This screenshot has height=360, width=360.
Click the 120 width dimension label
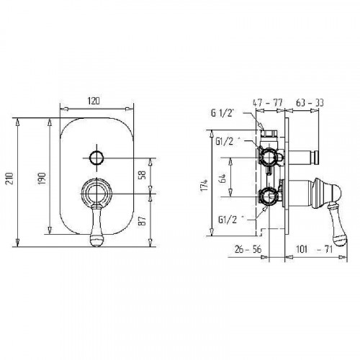[x=94, y=101]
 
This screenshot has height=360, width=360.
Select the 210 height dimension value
[x=10, y=178]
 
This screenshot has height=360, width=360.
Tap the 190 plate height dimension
[x=42, y=178]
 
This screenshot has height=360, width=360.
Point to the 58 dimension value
[x=143, y=175]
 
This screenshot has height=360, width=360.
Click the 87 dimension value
[x=143, y=220]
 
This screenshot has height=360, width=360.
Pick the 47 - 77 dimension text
[x=268, y=103]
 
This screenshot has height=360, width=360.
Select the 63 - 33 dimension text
[x=310, y=103]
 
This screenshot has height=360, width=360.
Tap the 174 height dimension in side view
[x=204, y=185]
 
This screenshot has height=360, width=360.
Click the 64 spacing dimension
[x=223, y=179]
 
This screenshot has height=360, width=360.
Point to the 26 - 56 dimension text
[x=248, y=249]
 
